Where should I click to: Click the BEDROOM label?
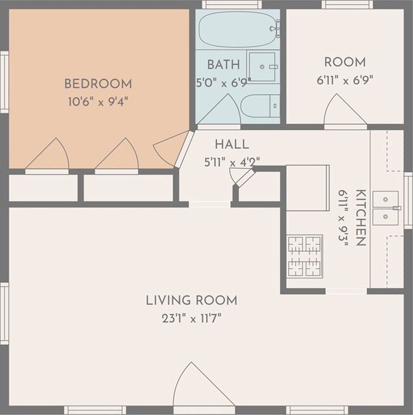pos(98,84)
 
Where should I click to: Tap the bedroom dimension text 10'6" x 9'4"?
pos(98,101)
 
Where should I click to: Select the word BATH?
pos(224,65)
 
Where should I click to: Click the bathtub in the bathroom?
pos(238,29)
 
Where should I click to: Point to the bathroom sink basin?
pos(263,67)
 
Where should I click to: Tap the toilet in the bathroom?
pos(260,106)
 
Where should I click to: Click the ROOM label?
pos(345,62)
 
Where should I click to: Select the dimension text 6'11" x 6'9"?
pos(345,79)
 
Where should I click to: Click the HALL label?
pos(232,145)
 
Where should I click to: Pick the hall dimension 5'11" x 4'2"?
pos(232,161)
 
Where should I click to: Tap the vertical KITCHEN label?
pos(361,218)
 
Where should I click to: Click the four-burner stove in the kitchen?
pos(305,256)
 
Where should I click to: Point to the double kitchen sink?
pos(386,208)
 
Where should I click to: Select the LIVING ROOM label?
pos(191,300)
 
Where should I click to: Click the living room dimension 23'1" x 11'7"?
pos(191,318)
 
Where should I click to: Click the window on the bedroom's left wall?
pos(5,82)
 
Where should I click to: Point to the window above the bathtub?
pos(232,5)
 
